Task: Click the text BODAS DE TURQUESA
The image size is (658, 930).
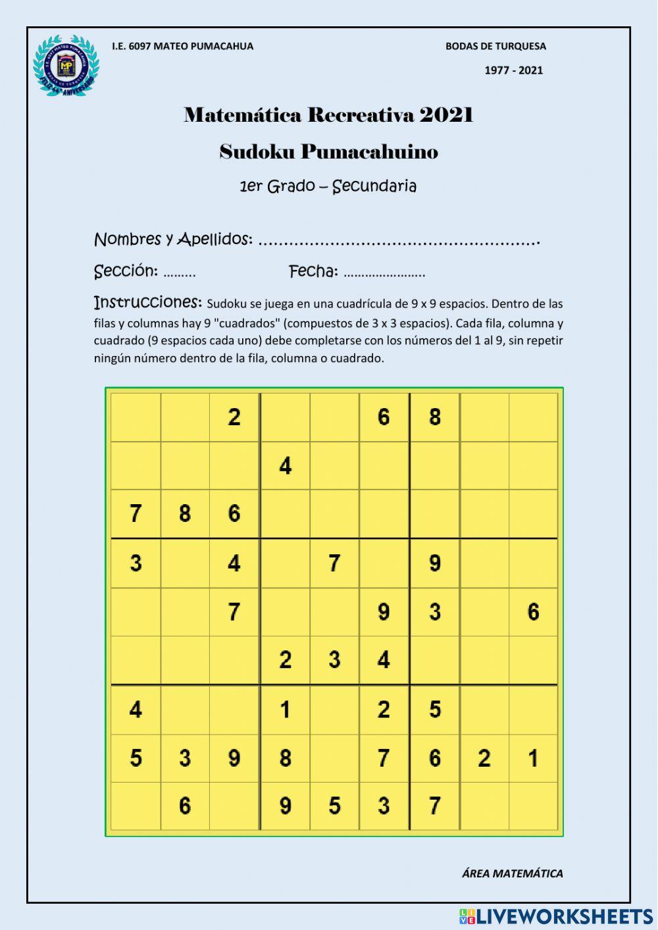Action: point(495,46)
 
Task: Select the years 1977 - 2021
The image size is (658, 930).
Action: point(513,70)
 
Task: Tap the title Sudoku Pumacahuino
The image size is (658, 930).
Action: point(328,152)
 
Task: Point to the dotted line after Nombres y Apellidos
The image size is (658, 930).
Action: point(399,242)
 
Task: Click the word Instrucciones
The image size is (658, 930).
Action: point(147,302)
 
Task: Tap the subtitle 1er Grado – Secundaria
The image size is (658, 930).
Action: point(328,186)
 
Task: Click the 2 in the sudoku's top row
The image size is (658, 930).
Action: point(234,417)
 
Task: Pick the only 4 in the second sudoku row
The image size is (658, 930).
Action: point(285,466)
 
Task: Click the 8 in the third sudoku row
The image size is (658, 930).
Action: point(185,513)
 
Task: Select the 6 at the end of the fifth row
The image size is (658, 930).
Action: point(533,612)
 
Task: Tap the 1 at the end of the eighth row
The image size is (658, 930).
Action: point(533,758)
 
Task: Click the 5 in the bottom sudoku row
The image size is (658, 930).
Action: point(334,806)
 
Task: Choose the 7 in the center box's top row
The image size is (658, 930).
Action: point(334,563)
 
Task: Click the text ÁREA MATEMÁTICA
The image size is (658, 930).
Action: point(512,873)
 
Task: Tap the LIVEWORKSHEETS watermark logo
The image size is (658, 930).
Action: point(556,916)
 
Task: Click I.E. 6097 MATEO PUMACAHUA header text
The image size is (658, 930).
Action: point(182,46)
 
